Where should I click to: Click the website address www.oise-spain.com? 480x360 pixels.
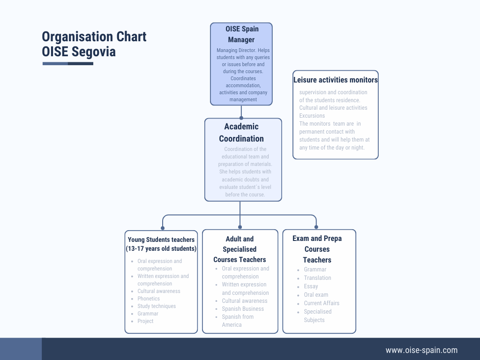click(x=421, y=350)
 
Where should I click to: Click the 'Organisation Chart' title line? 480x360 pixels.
click(x=94, y=37)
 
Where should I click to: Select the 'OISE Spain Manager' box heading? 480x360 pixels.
click(x=241, y=34)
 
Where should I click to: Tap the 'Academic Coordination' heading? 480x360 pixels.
click(x=241, y=132)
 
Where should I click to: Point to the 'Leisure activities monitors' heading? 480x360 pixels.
click(x=335, y=80)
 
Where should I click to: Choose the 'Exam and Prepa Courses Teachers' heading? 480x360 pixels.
click(x=317, y=249)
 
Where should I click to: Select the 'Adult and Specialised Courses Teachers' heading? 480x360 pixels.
click(x=240, y=249)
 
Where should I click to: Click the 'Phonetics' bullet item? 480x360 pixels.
click(x=149, y=299)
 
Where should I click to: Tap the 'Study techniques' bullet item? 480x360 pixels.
click(x=157, y=306)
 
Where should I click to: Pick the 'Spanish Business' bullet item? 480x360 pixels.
click(x=243, y=309)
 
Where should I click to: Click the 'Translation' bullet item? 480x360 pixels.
click(x=317, y=278)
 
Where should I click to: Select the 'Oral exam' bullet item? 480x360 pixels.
click(x=316, y=295)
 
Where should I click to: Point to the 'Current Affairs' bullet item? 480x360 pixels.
click(x=322, y=303)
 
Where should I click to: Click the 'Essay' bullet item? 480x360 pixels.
click(x=311, y=286)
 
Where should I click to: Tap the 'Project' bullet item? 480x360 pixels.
click(x=145, y=321)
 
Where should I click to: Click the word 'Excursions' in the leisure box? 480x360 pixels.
click(x=312, y=116)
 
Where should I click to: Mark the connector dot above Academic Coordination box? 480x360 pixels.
click(x=241, y=118)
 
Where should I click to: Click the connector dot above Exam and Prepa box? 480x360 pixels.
click(x=316, y=227)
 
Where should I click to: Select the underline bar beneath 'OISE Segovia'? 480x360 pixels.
click(x=67, y=63)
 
